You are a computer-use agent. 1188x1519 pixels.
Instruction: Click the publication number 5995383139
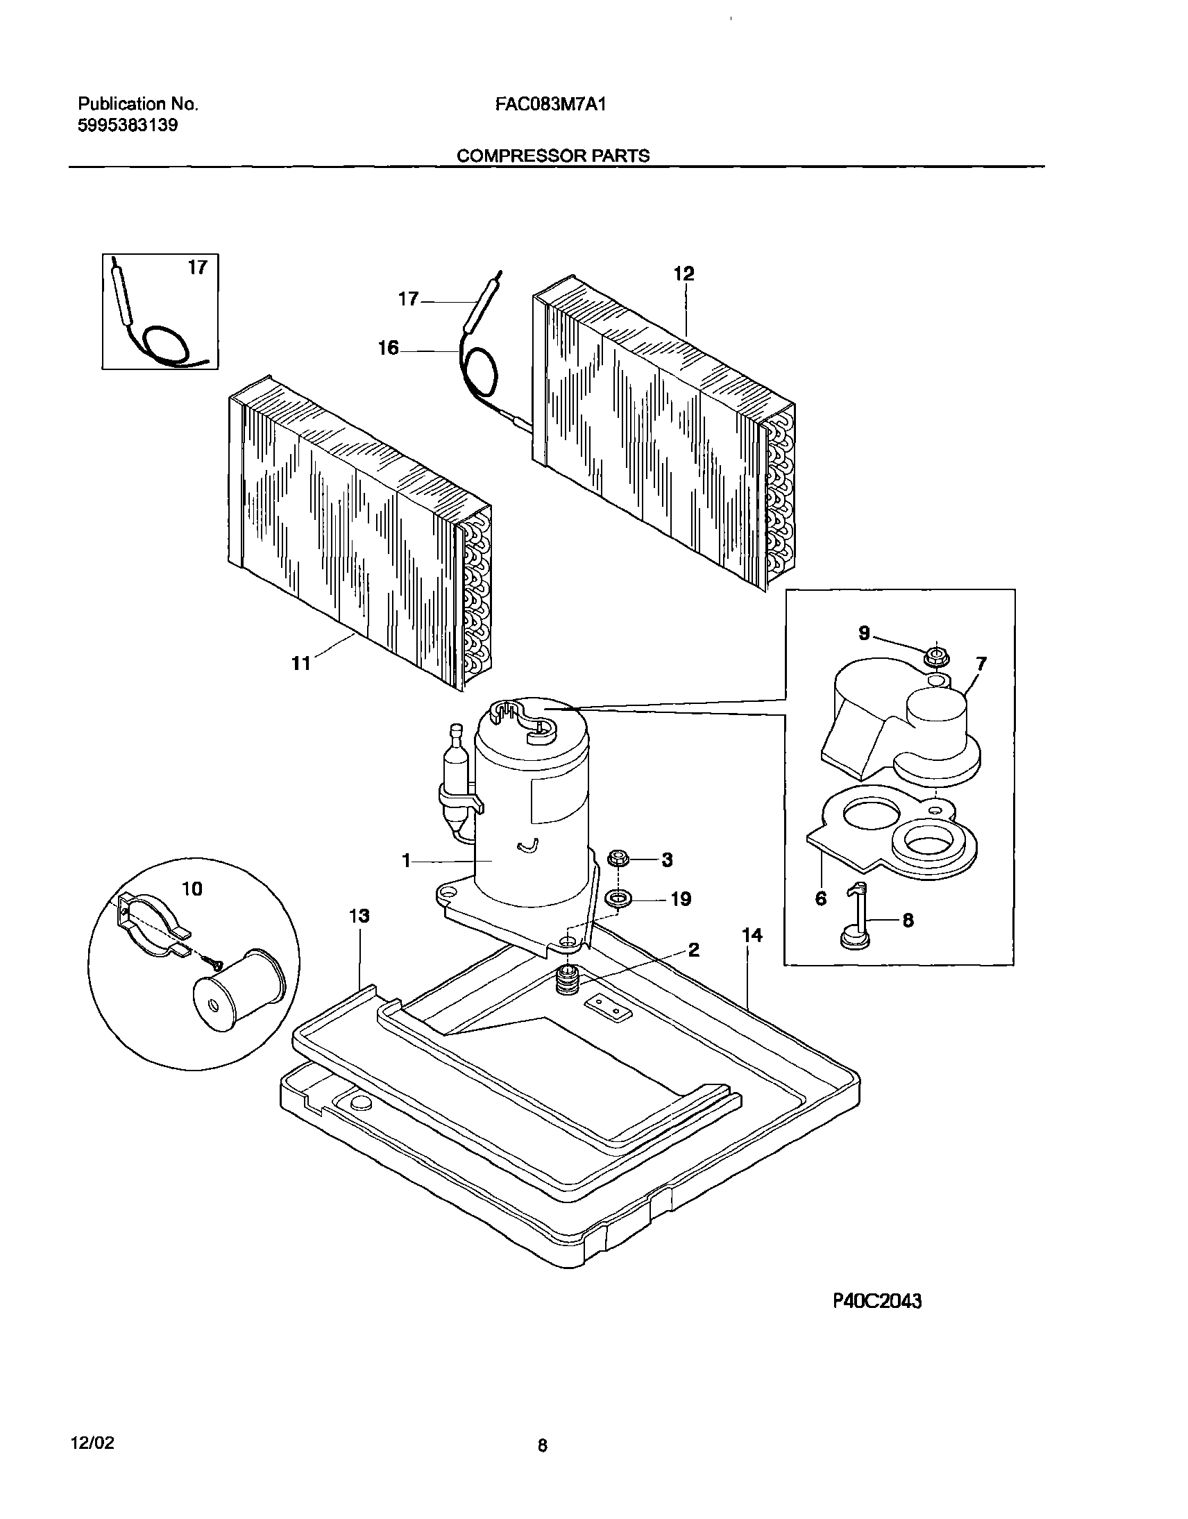click(x=127, y=126)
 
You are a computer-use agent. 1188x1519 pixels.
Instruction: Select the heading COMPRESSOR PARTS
click(x=553, y=156)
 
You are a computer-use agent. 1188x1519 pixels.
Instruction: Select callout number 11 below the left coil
click(x=300, y=664)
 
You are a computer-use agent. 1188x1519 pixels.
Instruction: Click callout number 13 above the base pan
click(x=359, y=916)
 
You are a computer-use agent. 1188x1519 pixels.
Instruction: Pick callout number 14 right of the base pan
click(x=752, y=936)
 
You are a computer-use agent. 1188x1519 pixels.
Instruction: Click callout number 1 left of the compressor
click(x=406, y=862)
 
